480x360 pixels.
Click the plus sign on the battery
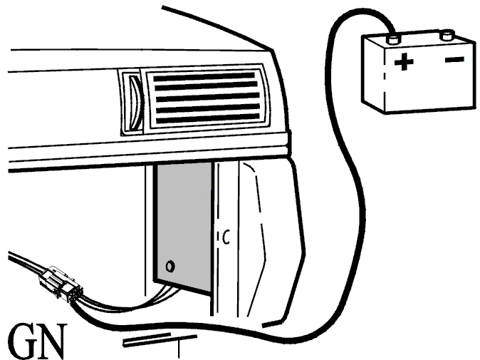click(404, 61)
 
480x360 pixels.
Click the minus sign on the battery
click(454, 59)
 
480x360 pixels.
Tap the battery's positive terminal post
click(394, 40)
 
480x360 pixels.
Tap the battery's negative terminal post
click(447, 35)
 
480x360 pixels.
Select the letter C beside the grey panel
click(226, 237)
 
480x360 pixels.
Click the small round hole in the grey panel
click(170, 266)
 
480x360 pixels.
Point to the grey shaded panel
click(184, 226)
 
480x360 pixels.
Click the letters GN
click(37, 341)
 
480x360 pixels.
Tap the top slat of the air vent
click(204, 76)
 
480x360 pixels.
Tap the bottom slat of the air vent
click(208, 118)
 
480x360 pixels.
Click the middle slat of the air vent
click(207, 98)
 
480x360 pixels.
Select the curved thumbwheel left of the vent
click(135, 102)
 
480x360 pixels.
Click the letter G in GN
click(21, 341)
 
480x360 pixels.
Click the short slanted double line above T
click(147, 340)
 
